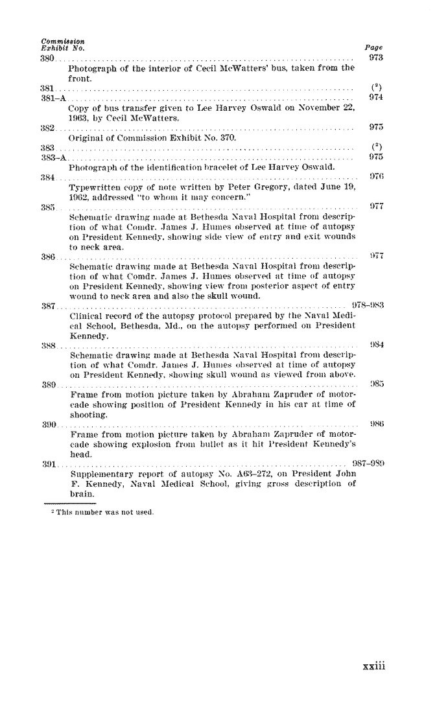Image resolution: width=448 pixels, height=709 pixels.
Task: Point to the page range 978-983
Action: tap(368, 306)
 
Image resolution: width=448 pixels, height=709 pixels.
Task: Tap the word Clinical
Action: tap(84, 316)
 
